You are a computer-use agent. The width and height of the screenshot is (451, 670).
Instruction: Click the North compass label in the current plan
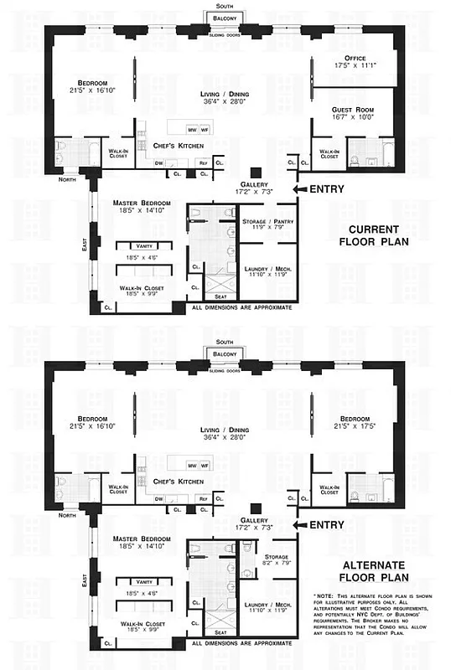click(68, 179)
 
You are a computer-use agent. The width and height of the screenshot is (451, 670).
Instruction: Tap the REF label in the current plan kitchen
click(202, 162)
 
